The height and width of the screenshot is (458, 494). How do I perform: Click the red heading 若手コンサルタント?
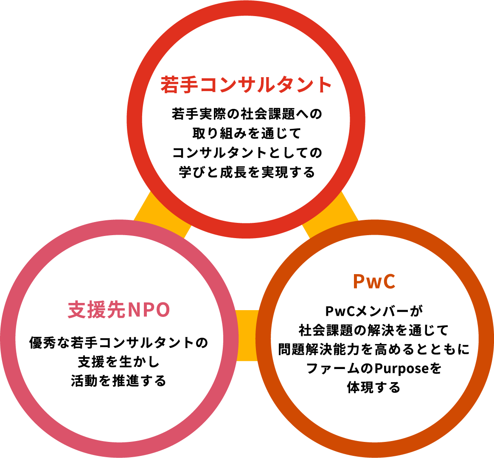[x=246, y=85]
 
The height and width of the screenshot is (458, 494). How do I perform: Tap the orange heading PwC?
[x=374, y=281]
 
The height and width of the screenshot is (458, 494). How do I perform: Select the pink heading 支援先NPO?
[x=119, y=310]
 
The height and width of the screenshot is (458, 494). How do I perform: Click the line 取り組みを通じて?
[x=246, y=133]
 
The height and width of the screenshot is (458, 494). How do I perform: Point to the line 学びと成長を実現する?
[x=246, y=172]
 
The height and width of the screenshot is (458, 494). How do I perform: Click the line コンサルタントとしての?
[x=246, y=153]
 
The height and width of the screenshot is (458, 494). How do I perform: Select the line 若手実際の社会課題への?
[x=246, y=114]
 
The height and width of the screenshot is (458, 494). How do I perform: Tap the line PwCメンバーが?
[x=374, y=311]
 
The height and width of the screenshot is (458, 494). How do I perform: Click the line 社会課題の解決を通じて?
[x=374, y=330]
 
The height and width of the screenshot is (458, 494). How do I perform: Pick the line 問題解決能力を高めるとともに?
[x=374, y=350]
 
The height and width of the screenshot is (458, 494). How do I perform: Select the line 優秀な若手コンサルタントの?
[x=119, y=342]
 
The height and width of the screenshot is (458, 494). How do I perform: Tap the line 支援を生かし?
[x=119, y=361]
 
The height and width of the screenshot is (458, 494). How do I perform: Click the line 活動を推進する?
[x=119, y=380]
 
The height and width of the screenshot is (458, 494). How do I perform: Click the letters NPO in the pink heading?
[x=149, y=310]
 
